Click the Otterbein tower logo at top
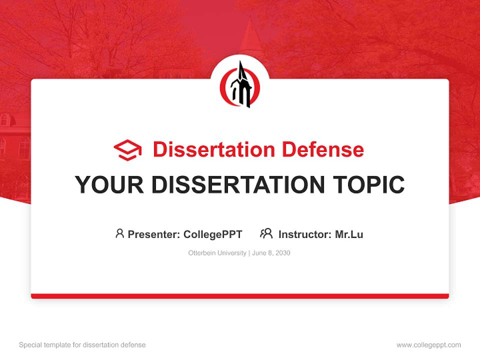(x=240, y=84)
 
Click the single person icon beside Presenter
(x=119, y=233)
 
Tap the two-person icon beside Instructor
(x=266, y=233)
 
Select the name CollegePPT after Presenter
(x=213, y=234)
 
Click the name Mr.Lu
(x=349, y=234)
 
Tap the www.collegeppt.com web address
(x=428, y=345)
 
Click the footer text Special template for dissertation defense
(x=82, y=345)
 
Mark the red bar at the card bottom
(x=240, y=296)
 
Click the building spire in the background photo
(x=249, y=35)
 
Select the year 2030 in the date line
(x=282, y=253)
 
